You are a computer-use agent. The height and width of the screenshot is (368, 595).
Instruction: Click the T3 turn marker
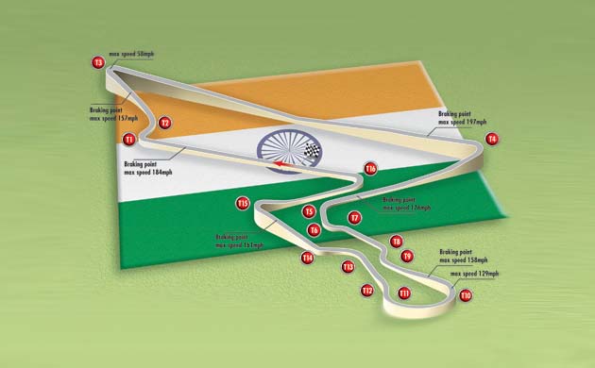98,62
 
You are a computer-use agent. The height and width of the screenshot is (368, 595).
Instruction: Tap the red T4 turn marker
491,139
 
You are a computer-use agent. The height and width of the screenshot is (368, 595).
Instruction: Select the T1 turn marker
129,140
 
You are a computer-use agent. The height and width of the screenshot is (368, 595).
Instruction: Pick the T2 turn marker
164,123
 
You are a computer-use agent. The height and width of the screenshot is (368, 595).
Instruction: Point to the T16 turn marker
371,169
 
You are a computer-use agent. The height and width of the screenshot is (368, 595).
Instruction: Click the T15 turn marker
243,203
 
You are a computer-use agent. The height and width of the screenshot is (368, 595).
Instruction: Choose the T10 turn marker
465,295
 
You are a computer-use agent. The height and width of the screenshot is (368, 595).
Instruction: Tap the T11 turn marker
404,293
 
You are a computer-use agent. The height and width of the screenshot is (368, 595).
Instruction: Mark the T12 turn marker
367,291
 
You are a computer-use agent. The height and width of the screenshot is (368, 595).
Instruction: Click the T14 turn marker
307,258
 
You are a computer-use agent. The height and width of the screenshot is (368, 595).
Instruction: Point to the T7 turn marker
354,218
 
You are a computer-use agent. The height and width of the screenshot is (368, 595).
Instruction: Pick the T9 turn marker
407,256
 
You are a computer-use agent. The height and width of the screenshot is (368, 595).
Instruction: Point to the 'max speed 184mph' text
148,173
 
